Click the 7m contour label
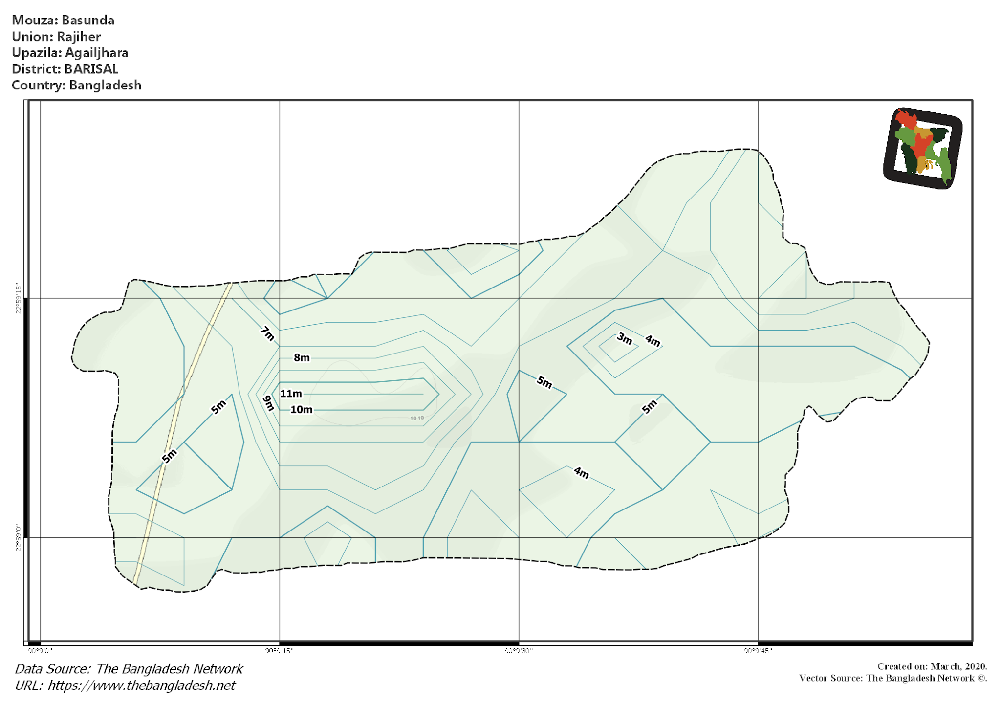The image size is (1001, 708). [x=267, y=334]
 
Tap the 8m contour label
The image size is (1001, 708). [x=302, y=358]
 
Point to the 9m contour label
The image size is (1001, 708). [x=268, y=403]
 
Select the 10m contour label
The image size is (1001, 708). [x=301, y=410]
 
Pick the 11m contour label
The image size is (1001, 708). [x=291, y=394]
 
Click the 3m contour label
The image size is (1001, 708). [x=624, y=338]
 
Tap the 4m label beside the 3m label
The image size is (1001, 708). [x=653, y=340]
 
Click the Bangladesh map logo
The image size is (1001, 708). [x=923, y=148]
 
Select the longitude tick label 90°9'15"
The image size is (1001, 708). [x=279, y=651]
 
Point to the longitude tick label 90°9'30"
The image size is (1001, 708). [x=519, y=651]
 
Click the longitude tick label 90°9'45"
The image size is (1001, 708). [x=758, y=651]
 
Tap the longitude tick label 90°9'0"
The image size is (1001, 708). [x=40, y=651]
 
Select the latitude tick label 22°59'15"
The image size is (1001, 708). [x=19, y=298]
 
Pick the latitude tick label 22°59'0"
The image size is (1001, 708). [x=19, y=538]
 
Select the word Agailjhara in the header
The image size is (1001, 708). [x=97, y=53]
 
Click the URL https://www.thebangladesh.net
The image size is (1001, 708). [x=141, y=686]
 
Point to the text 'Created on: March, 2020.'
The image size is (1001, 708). [x=932, y=666]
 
